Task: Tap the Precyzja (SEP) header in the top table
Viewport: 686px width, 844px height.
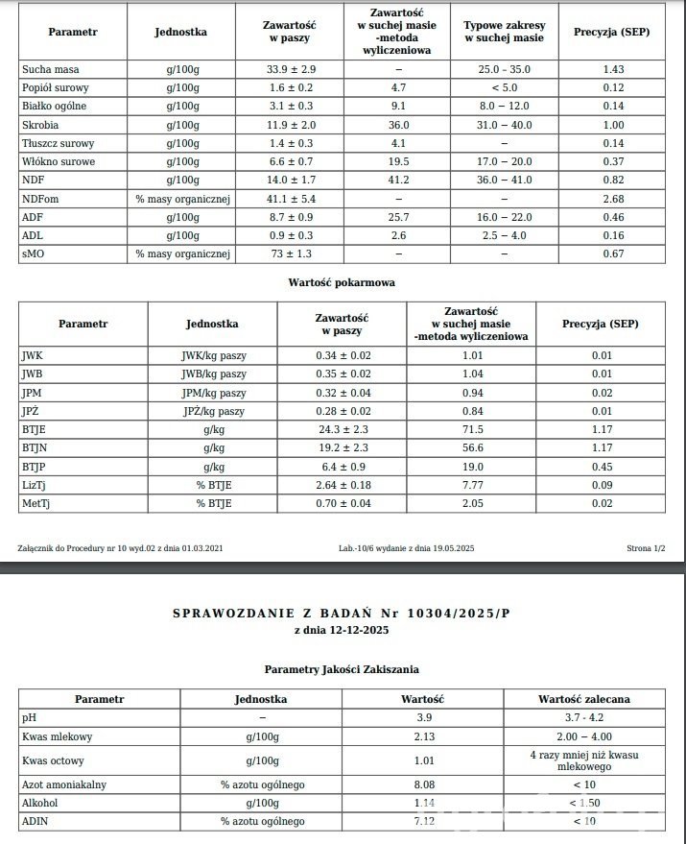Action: [611, 32]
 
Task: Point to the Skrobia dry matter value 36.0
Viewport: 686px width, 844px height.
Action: [399, 125]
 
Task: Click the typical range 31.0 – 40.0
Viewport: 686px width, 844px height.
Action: [504, 125]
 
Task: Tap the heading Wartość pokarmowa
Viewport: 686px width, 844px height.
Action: [342, 282]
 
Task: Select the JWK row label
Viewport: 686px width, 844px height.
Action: [33, 355]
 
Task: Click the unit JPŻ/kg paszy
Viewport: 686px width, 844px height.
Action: [213, 411]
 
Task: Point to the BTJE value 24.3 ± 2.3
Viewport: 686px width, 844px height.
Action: [342, 429]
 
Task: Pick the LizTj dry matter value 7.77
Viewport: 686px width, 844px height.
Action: [471, 485]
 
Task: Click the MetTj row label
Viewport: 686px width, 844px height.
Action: [36, 503]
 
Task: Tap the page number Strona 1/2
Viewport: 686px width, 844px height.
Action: [646, 547]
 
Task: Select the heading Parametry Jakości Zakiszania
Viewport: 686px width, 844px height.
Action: [342, 668]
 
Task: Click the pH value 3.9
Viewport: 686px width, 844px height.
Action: [422, 717]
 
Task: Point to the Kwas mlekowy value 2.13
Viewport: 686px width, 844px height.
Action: [422, 736]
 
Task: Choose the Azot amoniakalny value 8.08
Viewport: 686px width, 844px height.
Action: [422, 784]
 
